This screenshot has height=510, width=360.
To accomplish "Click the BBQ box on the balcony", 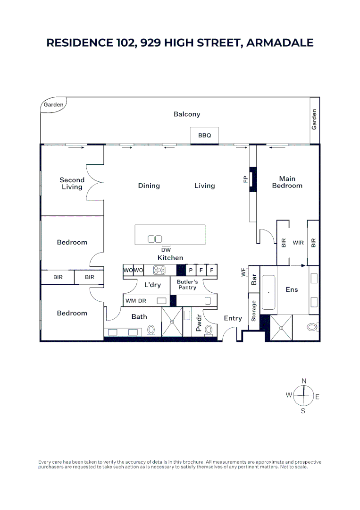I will click(205, 136).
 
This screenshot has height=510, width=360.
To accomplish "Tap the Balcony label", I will click(187, 114).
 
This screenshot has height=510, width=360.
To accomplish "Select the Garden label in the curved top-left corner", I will click(53, 105).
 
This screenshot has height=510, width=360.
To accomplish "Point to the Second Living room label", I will click(72, 183).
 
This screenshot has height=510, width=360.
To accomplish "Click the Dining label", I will click(149, 186).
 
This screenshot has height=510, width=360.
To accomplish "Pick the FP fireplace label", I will click(245, 179).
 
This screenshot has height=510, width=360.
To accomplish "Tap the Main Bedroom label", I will click(287, 182).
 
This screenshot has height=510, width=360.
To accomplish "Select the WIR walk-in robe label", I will click(298, 243).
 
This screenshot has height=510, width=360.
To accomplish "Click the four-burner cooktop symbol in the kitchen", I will click(159, 270).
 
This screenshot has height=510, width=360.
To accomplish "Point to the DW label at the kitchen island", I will click(166, 250).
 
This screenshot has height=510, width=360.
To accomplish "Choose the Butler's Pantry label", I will click(187, 285).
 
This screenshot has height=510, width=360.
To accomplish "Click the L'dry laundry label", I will click(152, 285).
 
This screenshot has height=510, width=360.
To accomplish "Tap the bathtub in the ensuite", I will click(268, 292).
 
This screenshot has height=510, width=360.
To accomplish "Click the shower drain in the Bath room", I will click(172, 322).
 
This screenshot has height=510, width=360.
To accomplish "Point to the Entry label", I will click(233, 318).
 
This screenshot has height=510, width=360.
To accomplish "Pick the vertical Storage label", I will click(254, 311).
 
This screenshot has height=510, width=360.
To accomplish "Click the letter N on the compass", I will click(304, 381).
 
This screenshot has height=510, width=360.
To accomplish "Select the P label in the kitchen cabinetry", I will click(191, 270).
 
